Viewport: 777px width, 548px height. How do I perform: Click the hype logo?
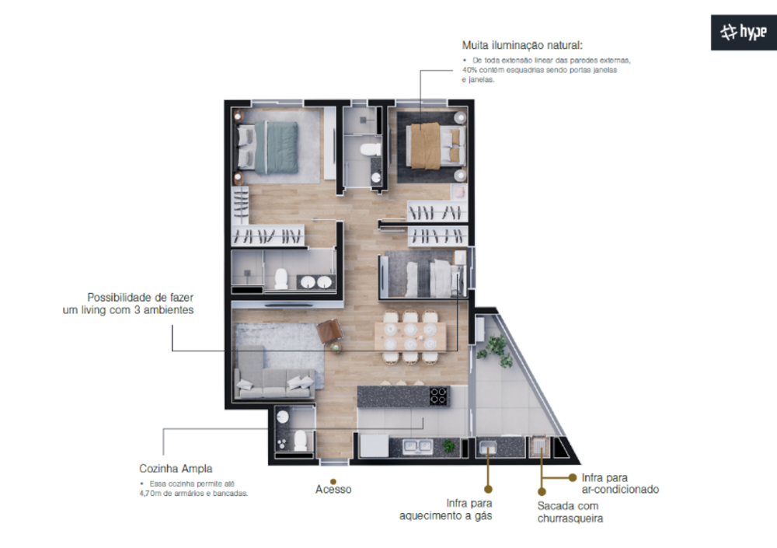pyautogui.click(x=743, y=32)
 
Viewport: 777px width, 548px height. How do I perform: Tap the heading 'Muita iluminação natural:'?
pyautogui.click(x=521, y=46)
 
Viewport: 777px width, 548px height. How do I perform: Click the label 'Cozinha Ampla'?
pyautogui.click(x=175, y=469)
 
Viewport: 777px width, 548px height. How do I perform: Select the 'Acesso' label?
pyautogui.click(x=333, y=490)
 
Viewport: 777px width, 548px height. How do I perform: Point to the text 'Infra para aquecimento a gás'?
pyautogui.click(x=446, y=509)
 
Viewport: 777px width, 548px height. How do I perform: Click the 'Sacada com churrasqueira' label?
pyautogui.click(x=570, y=512)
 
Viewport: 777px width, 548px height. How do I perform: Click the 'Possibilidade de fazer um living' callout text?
pyautogui.click(x=128, y=303)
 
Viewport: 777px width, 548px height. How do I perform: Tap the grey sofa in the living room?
pyautogui.click(x=274, y=381)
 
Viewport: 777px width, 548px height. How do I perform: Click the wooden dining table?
pyautogui.click(x=410, y=337)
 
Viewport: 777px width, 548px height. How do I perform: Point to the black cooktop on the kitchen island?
pyautogui.click(x=439, y=396)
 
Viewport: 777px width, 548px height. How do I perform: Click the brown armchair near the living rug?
pyautogui.click(x=330, y=333)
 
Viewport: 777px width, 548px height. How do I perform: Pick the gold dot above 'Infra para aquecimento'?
pyautogui.click(x=488, y=489)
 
